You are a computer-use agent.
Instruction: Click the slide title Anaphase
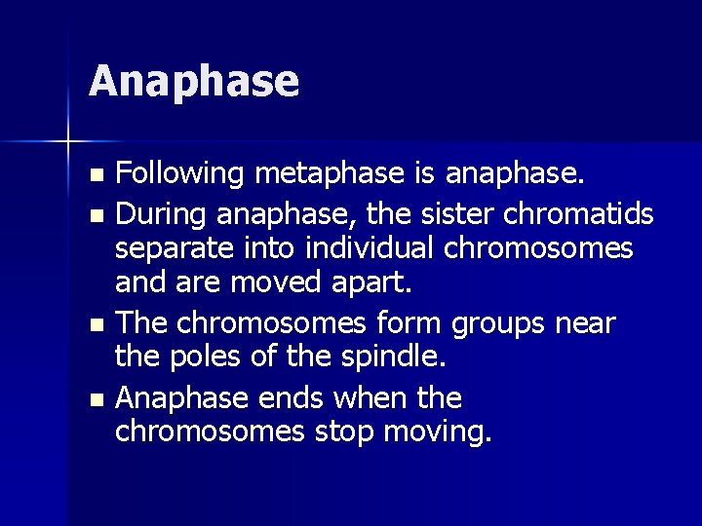coord(193,82)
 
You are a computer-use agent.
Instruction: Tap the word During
coord(161,212)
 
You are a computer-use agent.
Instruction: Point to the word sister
coord(424,212)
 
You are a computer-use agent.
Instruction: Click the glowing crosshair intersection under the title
coord(68,142)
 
